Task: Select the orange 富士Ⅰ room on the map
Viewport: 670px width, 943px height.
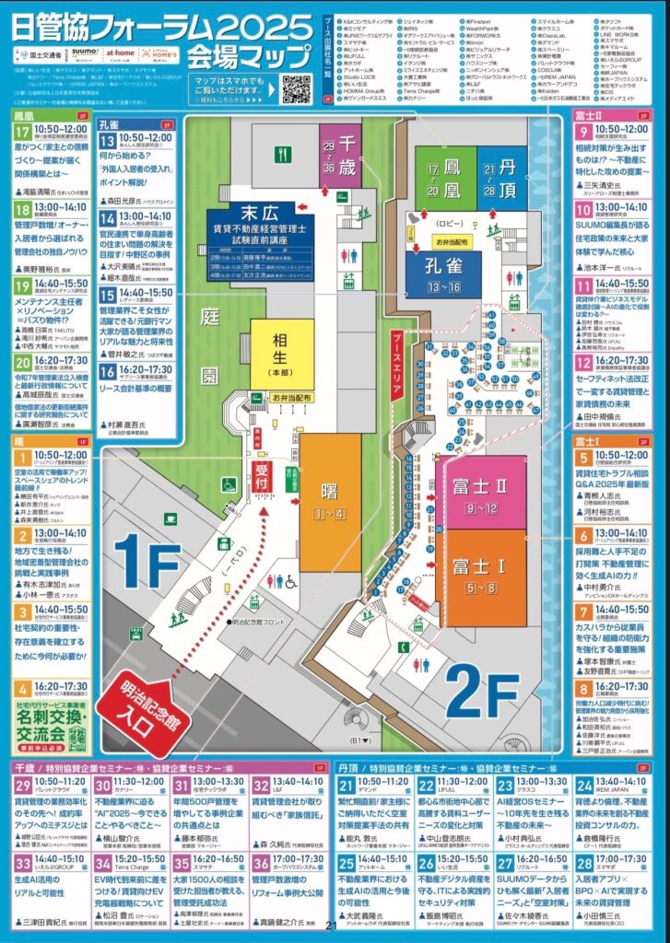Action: (x=479, y=566)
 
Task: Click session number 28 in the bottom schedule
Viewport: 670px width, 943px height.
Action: (x=582, y=863)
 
